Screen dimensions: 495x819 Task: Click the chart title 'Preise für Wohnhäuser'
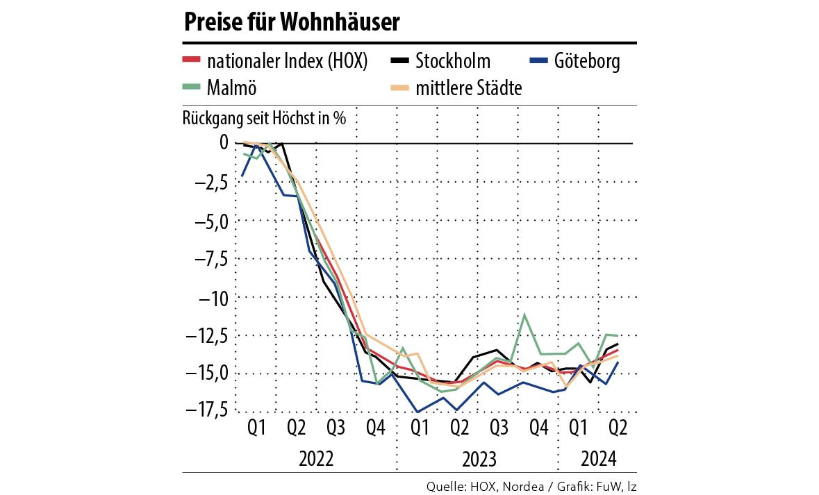click(x=292, y=23)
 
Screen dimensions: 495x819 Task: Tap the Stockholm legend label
click(x=452, y=62)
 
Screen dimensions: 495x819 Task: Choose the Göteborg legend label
click(x=587, y=62)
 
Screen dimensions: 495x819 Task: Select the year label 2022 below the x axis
click(x=317, y=459)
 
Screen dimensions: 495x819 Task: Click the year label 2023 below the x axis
click(x=478, y=459)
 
